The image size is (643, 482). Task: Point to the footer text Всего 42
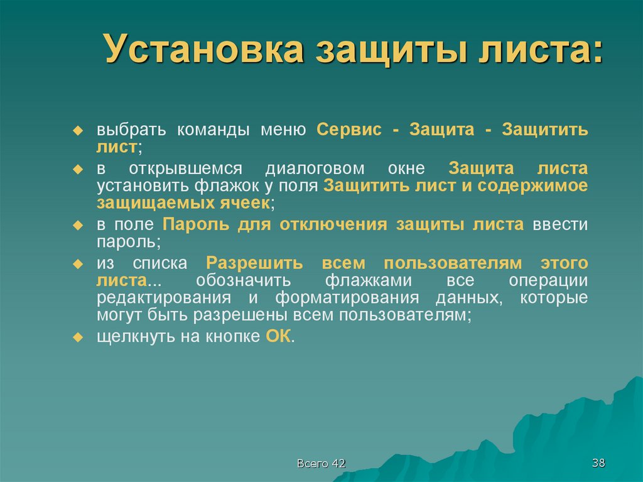(x=321, y=463)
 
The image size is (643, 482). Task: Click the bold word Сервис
(x=349, y=130)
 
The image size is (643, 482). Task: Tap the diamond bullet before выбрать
(x=78, y=131)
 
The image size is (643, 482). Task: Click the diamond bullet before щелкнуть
(x=78, y=337)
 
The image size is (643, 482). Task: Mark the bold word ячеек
(x=246, y=203)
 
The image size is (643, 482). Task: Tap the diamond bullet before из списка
(x=78, y=263)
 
